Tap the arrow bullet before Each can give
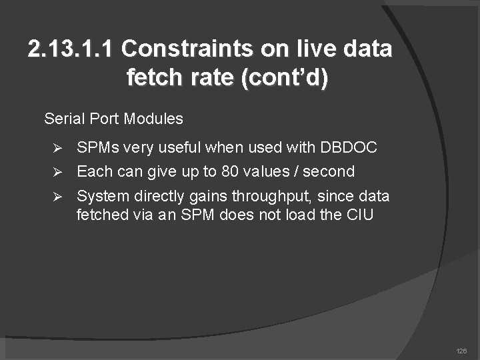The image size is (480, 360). [58, 172]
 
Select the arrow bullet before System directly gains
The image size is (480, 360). [58, 197]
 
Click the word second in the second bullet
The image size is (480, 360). [329, 171]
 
